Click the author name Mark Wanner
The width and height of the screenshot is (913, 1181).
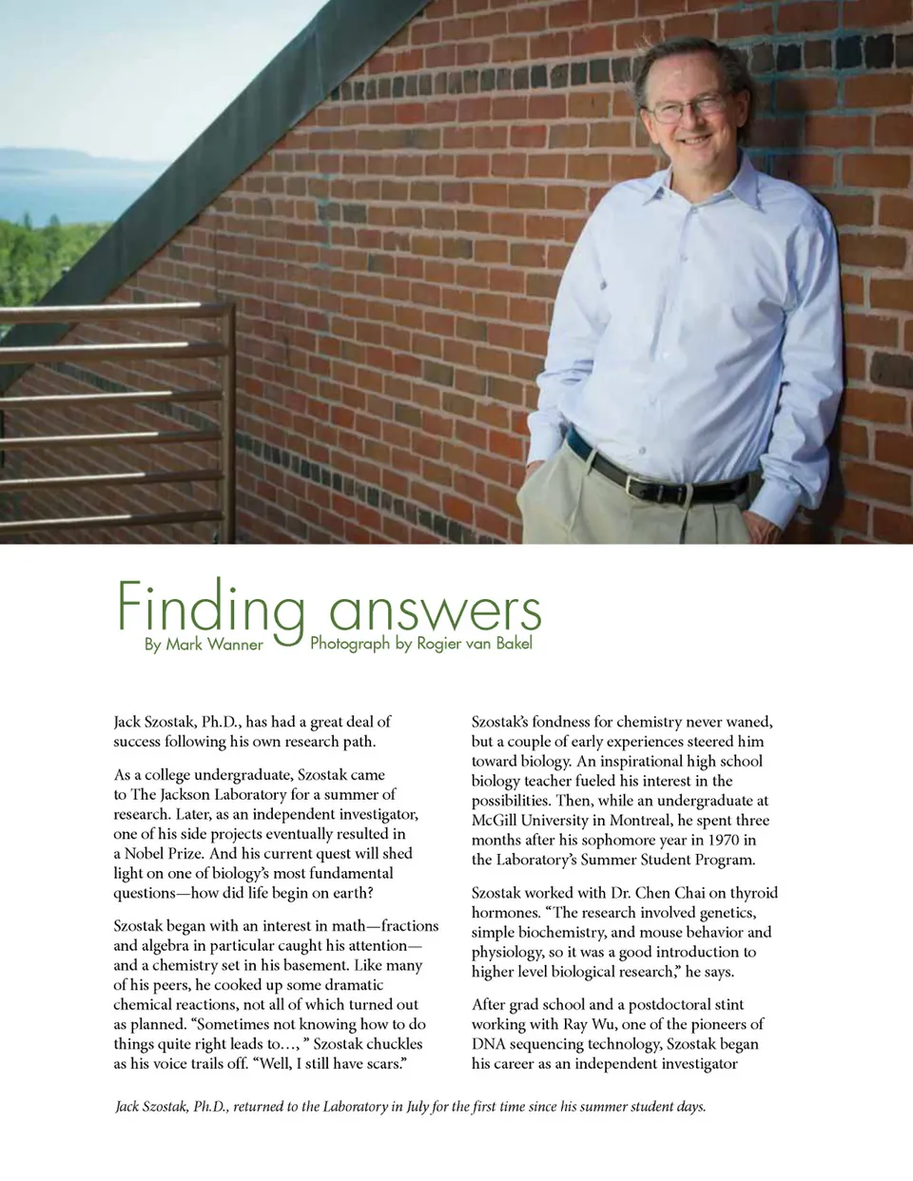pos(215,645)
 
